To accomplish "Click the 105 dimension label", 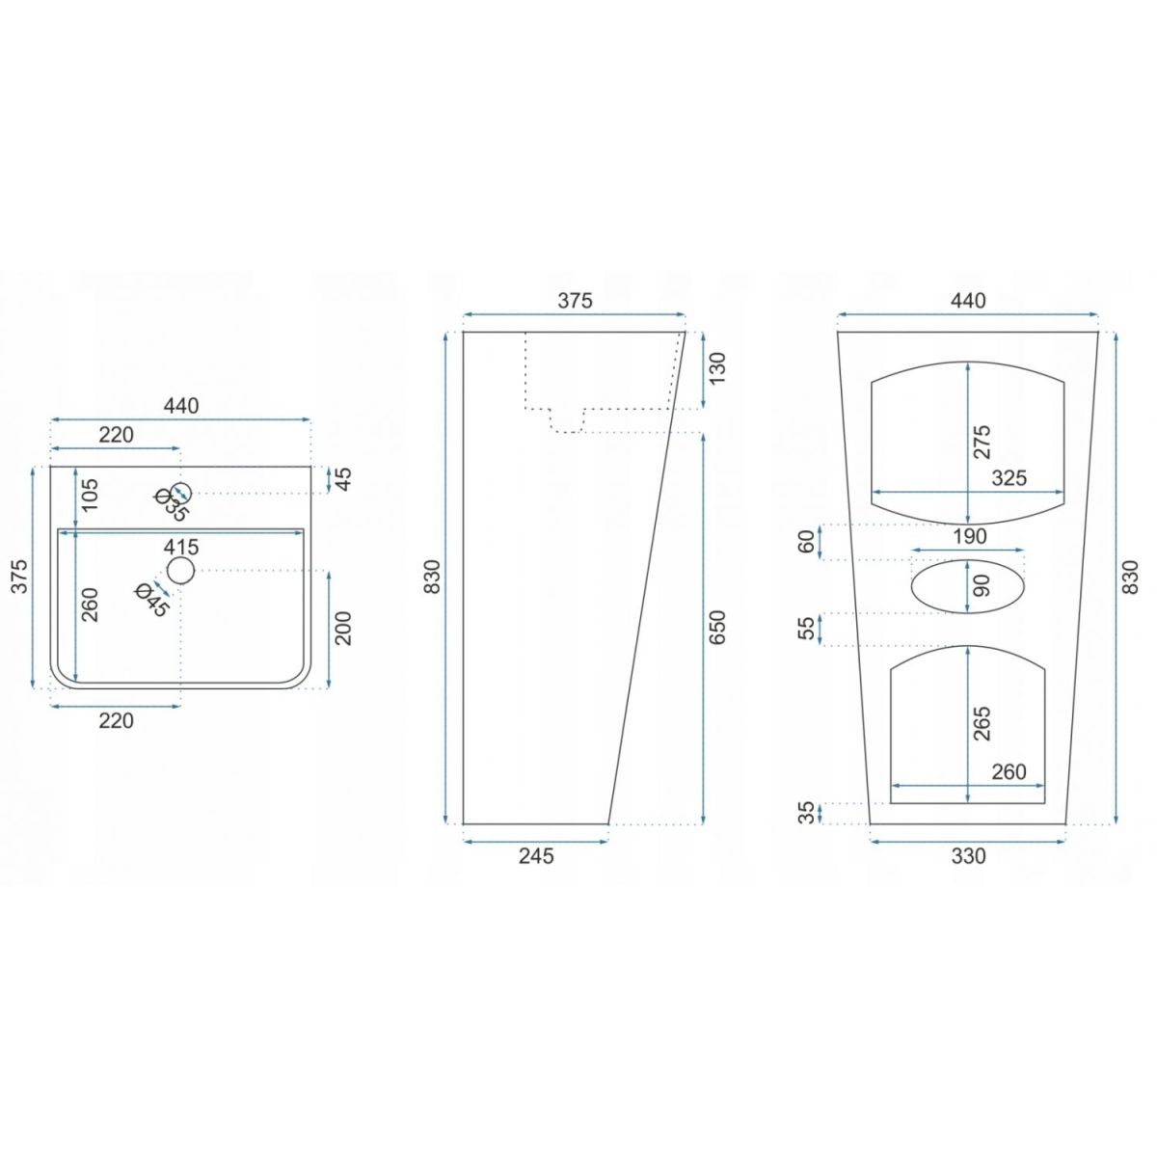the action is coord(90,495).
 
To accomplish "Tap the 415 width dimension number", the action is coord(181,547).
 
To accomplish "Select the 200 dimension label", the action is coord(343,628).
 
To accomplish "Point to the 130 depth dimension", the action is coord(717,368).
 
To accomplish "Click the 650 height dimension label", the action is coord(717,628).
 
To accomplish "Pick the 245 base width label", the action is coord(536,856).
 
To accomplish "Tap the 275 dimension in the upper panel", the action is coord(982,442).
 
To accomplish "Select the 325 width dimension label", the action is coord(1009,478).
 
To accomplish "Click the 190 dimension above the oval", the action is coord(969,536).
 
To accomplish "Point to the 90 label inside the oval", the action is coord(982,585).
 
